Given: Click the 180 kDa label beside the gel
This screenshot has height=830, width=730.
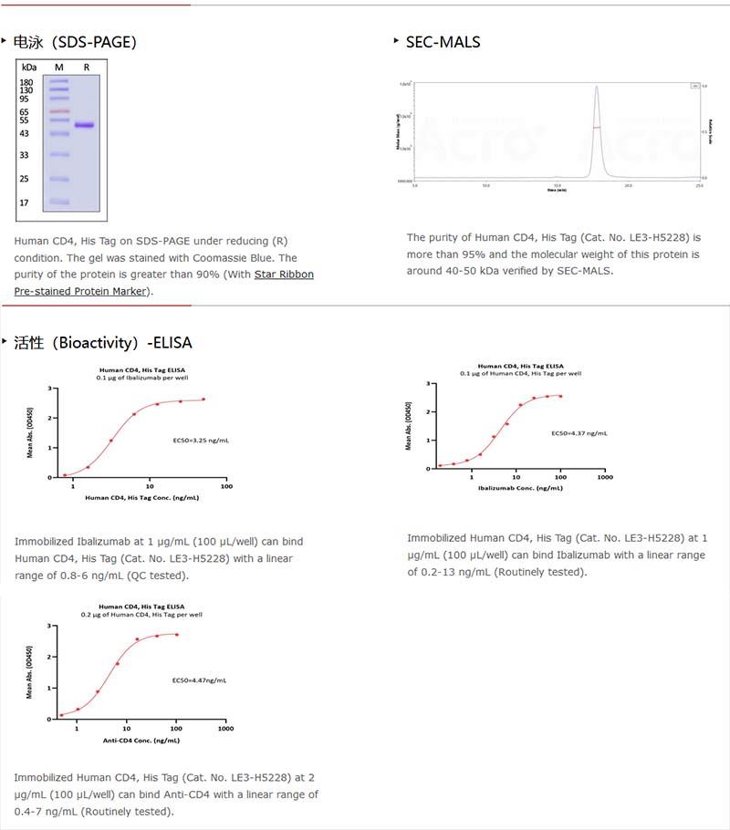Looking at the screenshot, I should pyautogui.click(x=26, y=82).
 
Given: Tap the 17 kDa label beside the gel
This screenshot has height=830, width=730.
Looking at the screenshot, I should pyautogui.click(x=26, y=202).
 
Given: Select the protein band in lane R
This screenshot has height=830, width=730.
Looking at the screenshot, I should pyautogui.click(x=85, y=125).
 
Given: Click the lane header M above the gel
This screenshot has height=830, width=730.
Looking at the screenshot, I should pyautogui.click(x=59, y=67).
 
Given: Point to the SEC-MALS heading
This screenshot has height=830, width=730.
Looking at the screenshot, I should pyautogui.click(x=443, y=42).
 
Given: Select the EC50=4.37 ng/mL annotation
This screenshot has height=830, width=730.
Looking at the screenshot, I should pyautogui.click(x=579, y=432).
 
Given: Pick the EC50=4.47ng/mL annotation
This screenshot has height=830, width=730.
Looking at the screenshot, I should pyautogui.click(x=200, y=680).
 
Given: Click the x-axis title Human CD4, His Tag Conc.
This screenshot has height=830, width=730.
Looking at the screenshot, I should pyautogui.click(x=141, y=498).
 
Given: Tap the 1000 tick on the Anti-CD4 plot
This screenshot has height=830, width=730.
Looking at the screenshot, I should pyautogui.click(x=225, y=729).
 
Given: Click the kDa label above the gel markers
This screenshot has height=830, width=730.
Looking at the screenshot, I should pyautogui.click(x=29, y=67).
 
